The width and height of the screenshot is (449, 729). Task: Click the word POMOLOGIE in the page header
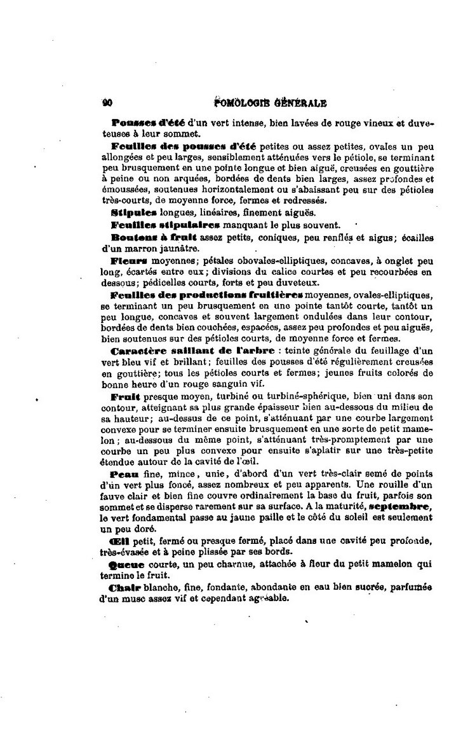(243, 102)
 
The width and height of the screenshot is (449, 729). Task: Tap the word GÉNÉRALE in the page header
(300, 102)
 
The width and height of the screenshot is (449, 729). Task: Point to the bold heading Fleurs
(129, 261)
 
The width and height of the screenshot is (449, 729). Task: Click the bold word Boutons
(132, 237)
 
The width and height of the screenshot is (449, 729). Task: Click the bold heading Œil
(119, 541)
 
